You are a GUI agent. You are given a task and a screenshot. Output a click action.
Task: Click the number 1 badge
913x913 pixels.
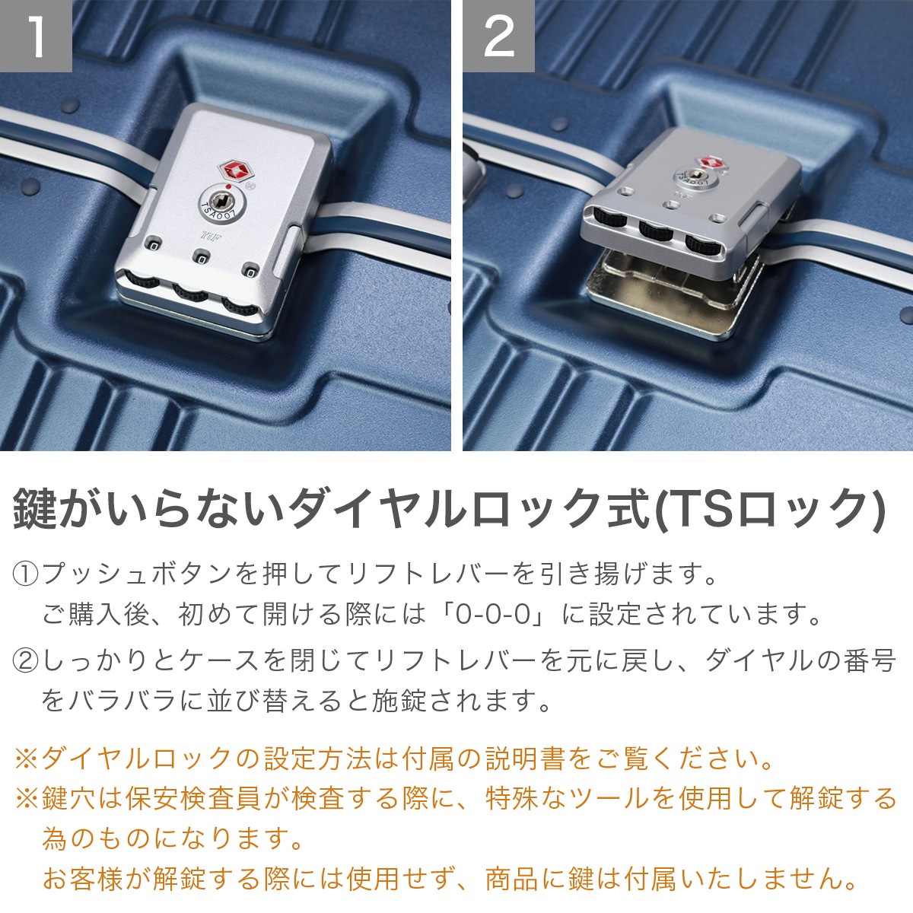click(x=36, y=36)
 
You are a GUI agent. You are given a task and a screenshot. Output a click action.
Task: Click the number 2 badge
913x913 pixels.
click(x=498, y=36)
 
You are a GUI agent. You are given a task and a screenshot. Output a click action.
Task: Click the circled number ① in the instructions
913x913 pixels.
click(x=27, y=573)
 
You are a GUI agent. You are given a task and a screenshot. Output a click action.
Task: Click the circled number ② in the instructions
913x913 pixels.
click(x=27, y=660)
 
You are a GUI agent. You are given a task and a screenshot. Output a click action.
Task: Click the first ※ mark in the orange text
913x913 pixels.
click(x=26, y=758)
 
